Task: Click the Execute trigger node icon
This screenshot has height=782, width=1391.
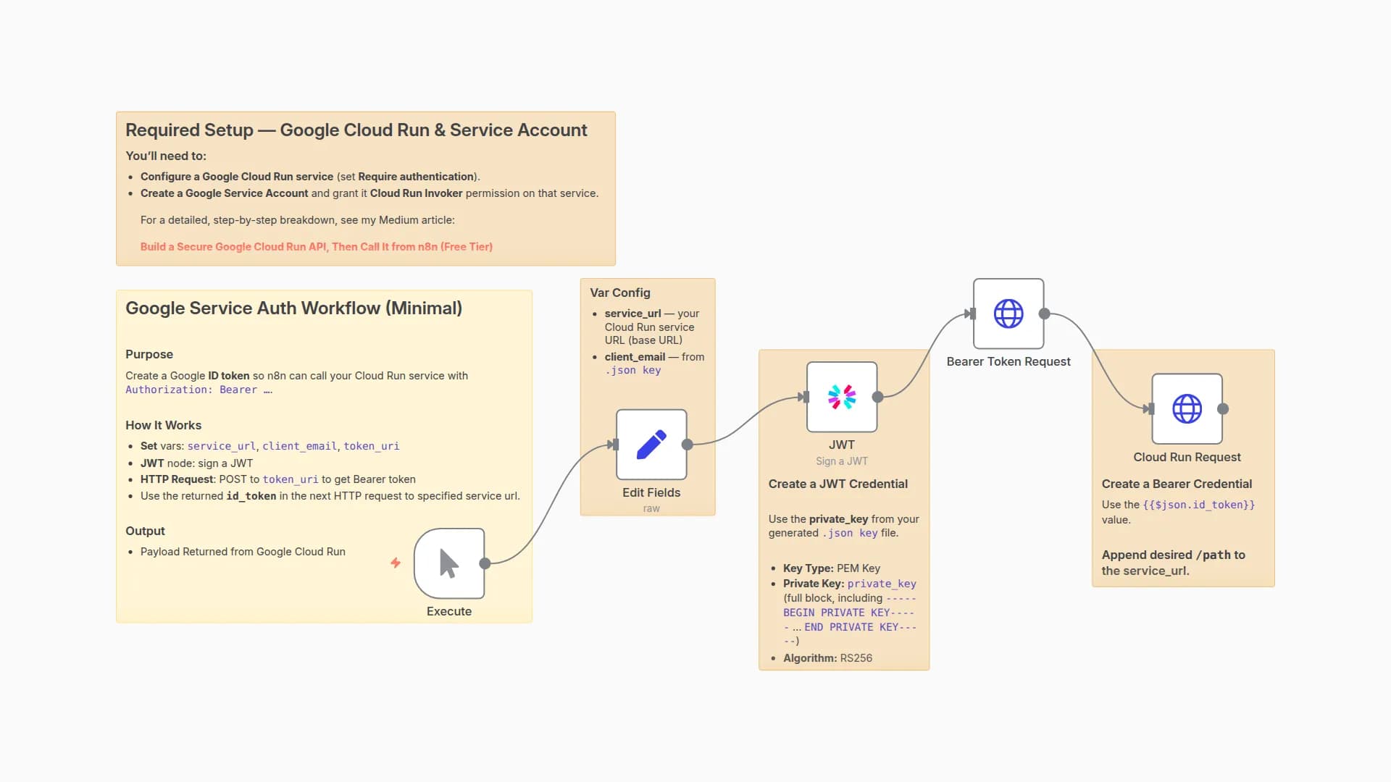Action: click(449, 563)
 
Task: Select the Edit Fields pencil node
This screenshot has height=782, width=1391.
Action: click(651, 445)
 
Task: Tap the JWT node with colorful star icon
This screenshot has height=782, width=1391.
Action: click(842, 397)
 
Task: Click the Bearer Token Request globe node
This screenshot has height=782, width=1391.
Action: click(1008, 314)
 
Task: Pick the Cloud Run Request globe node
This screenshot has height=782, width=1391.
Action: click(1187, 408)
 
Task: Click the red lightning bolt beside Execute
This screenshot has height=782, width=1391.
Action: click(396, 563)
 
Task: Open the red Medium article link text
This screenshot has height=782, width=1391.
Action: click(316, 247)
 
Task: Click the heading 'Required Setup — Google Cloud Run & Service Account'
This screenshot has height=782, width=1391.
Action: click(356, 130)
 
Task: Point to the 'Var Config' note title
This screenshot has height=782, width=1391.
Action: click(620, 293)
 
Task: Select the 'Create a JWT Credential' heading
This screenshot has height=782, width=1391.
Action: click(837, 484)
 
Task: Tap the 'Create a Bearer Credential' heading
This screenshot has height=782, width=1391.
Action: click(1176, 484)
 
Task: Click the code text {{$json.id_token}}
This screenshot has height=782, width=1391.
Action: click(1198, 505)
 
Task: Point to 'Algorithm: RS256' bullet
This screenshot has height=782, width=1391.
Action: click(827, 658)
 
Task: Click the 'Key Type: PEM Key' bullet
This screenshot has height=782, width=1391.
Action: click(831, 568)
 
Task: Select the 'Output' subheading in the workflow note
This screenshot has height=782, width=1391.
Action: click(145, 531)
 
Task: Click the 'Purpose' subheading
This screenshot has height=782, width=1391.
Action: click(149, 354)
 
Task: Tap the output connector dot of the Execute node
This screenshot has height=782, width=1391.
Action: click(485, 563)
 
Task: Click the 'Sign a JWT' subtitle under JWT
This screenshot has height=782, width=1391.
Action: click(841, 461)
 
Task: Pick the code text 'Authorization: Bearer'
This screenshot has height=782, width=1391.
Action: click(191, 390)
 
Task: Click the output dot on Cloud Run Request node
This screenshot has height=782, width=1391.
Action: click(1223, 409)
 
